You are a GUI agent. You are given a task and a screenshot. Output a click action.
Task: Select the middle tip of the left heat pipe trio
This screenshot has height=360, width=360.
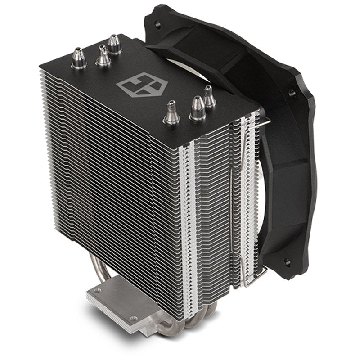click(x=103, y=55)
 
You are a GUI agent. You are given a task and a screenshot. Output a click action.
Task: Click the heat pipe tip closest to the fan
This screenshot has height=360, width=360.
click(x=208, y=96)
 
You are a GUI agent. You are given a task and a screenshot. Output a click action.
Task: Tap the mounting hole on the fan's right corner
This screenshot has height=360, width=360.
click(x=293, y=94)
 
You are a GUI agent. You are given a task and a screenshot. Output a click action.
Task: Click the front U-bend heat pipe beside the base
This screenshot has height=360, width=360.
click(x=198, y=322)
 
